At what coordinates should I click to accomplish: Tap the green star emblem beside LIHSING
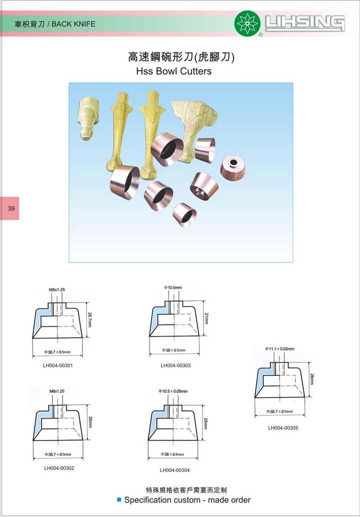pos(247,23)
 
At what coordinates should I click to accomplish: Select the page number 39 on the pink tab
pos(10,208)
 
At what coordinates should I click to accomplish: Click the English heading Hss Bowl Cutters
pos(173,71)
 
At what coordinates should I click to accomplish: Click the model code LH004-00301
pos(58,365)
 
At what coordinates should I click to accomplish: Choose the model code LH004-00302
pos(58,468)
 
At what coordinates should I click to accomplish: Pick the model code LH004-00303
pos(175,365)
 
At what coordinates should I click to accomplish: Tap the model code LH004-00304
pos(174,470)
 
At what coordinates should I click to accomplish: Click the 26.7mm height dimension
pos(90,319)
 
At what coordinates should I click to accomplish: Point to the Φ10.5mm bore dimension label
pos(172,288)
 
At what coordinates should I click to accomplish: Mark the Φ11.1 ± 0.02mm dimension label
pos(279,348)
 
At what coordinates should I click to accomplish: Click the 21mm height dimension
pos(206,318)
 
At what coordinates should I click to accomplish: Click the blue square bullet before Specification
pos(119,499)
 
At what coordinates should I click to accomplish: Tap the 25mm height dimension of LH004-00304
pos(205,424)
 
